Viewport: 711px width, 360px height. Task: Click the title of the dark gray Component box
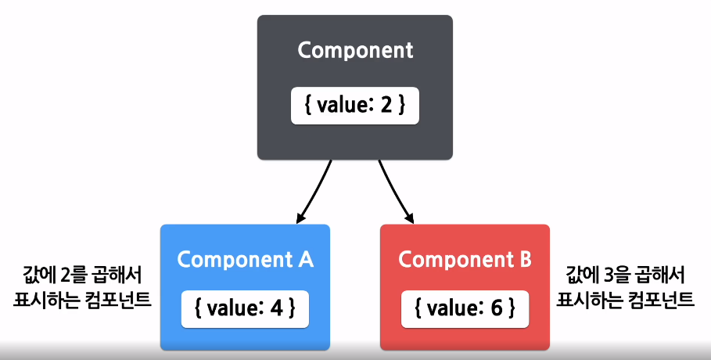(x=355, y=50)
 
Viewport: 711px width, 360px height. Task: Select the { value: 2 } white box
(x=355, y=106)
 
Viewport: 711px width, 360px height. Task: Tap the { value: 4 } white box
(x=245, y=309)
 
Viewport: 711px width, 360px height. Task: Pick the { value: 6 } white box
(x=465, y=309)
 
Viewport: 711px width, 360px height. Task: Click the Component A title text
(x=246, y=260)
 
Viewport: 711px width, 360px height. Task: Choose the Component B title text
(x=465, y=260)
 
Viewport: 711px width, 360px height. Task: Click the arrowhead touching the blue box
(x=300, y=218)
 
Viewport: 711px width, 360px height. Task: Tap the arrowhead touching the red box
(x=409, y=218)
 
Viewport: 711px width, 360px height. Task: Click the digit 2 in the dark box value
(x=386, y=106)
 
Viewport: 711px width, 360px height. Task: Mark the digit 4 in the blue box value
(x=276, y=308)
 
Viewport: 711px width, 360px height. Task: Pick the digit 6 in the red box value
(x=497, y=308)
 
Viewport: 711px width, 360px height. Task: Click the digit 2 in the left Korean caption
(x=65, y=275)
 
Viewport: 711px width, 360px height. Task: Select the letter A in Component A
(x=305, y=259)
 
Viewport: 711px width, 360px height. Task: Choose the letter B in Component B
(x=525, y=259)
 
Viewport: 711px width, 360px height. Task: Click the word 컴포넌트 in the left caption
(x=118, y=300)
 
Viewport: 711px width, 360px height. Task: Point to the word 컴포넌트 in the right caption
(x=661, y=300)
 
